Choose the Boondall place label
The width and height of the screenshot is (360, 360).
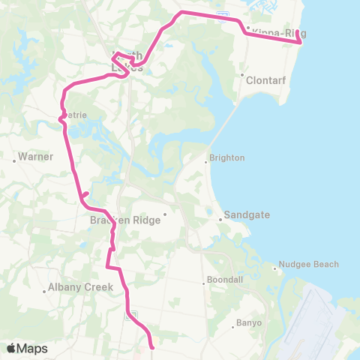coord(224,283)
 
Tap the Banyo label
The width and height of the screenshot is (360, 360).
coord(250,323)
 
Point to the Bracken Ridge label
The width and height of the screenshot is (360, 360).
coord(124,220)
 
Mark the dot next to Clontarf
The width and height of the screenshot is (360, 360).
coord(241,76)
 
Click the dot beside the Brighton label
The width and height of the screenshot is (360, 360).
coord(207,160)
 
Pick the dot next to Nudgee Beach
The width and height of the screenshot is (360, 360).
coord(277,264)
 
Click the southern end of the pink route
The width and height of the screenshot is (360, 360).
coord(152,347)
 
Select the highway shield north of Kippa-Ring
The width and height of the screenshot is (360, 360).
coord(221,13)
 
